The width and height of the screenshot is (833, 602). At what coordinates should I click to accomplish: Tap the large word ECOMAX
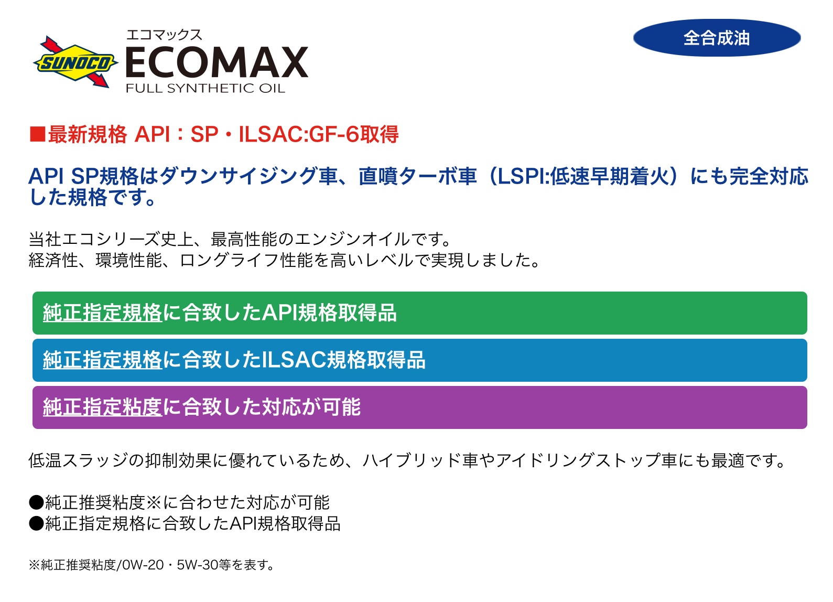tap(217, 62)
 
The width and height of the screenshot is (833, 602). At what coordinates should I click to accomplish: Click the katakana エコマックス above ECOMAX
tap(164, 35)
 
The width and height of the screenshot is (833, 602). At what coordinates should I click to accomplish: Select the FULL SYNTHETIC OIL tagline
tap(205, 88)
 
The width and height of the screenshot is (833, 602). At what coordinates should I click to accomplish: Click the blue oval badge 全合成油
tap(717, 38)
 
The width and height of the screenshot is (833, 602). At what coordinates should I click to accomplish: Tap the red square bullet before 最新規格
tap(38, 134)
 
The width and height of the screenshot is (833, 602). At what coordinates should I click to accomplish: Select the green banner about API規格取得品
tap(420, 313)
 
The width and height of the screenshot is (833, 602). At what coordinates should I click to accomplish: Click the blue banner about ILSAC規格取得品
tap(420, 360)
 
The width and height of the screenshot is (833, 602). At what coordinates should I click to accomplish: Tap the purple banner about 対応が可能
tap(420, 407)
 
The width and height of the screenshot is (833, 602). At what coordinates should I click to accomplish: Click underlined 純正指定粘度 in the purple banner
tap(103, 407)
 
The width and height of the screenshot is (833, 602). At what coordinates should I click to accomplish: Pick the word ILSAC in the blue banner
tap(294, 360)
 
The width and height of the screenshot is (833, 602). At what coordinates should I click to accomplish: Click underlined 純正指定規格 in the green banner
tap(103, 313)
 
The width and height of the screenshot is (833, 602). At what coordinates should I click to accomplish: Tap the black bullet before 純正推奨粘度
tap(37, 502)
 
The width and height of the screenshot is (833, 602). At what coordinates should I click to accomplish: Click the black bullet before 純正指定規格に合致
tap(37, 523)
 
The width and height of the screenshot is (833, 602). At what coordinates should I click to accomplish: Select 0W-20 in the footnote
tap(143, 565)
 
